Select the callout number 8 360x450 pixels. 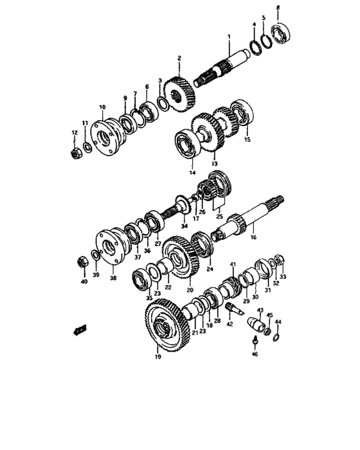tap(278, 8)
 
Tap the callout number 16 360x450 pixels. tap(253, 237)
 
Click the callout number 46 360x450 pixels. tap(255, 354)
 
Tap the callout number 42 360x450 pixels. tap(229, 325)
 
